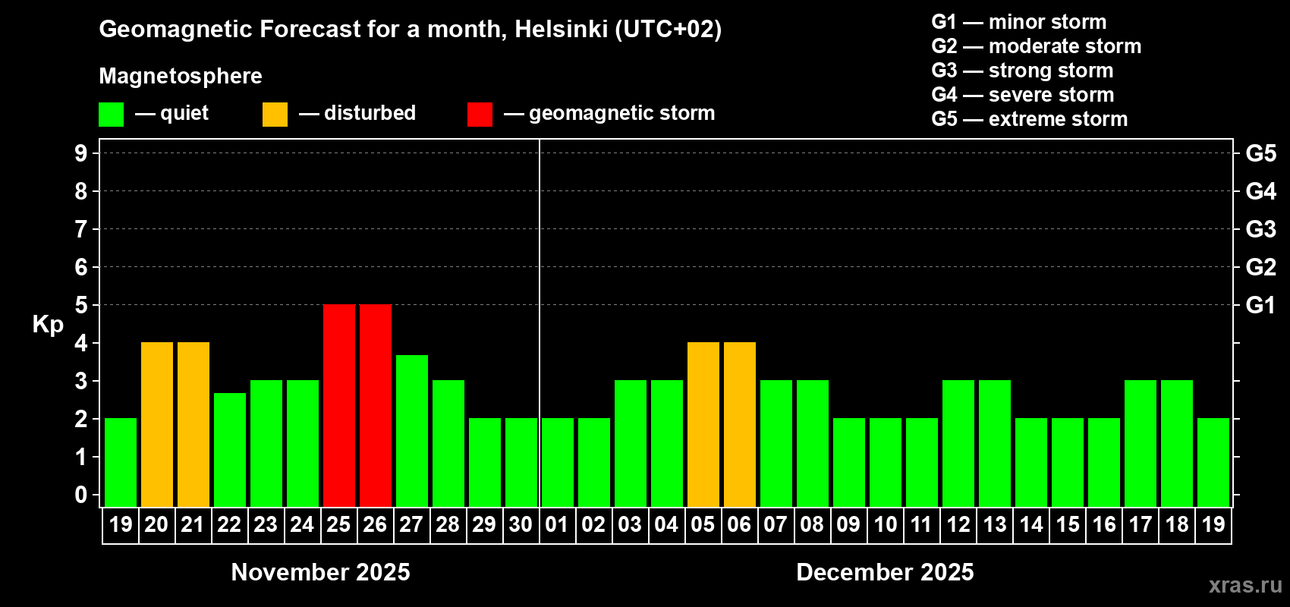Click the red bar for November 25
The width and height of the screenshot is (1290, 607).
point(339,405)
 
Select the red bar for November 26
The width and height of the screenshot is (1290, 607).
point(376,405)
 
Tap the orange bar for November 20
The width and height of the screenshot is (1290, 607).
point(157,424)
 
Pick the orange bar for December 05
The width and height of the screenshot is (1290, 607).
point(703,424)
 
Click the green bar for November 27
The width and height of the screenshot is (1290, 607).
point(412,430)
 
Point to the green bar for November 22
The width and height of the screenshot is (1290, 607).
point(230,449)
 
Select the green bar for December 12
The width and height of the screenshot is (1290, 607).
point(958,443)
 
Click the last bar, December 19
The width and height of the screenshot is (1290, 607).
point(1213,462)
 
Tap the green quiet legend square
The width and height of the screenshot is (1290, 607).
point(112,115)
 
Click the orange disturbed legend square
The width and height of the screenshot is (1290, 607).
point(275,115)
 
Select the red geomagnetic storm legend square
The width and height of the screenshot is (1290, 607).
point(480,115)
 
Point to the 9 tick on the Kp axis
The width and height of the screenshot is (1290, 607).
point(81,153)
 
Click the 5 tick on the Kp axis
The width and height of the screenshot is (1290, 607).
point(81,305)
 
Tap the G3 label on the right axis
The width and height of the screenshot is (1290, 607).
point(1261,229)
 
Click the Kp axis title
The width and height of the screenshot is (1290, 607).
point(48,325)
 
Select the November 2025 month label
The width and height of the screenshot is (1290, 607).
point(320,572)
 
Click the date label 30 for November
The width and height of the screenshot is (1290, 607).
point(521,524)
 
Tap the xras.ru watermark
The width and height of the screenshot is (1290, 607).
point(1245,585)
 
